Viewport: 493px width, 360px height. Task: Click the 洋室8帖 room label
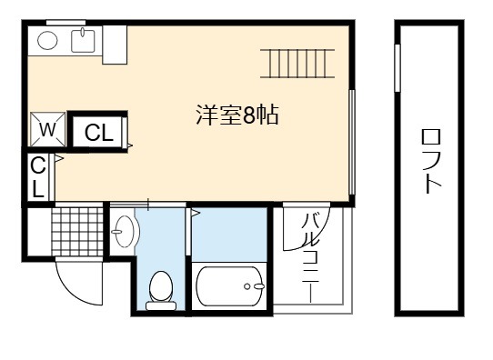(237, 115)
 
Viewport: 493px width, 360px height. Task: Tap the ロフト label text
(431, 161)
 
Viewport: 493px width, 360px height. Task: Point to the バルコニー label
(310, 258)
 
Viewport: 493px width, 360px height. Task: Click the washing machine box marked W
(48, 129)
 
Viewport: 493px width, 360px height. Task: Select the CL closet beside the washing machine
(97, 132)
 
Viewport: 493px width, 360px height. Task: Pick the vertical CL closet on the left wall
(38, 177)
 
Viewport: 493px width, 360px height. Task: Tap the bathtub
(230, 286)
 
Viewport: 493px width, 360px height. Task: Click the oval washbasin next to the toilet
(126, 232)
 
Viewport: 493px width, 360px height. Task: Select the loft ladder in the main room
(297, 63)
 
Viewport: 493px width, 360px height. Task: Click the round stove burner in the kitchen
(47, 41)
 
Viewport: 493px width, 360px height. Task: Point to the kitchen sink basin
(83, 40)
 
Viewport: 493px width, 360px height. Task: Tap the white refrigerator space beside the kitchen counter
(115, 45)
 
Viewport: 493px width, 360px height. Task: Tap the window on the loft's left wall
(397, 68)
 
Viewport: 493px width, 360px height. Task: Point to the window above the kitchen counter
(66, 23)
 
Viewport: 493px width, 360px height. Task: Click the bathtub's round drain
(247, 286)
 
